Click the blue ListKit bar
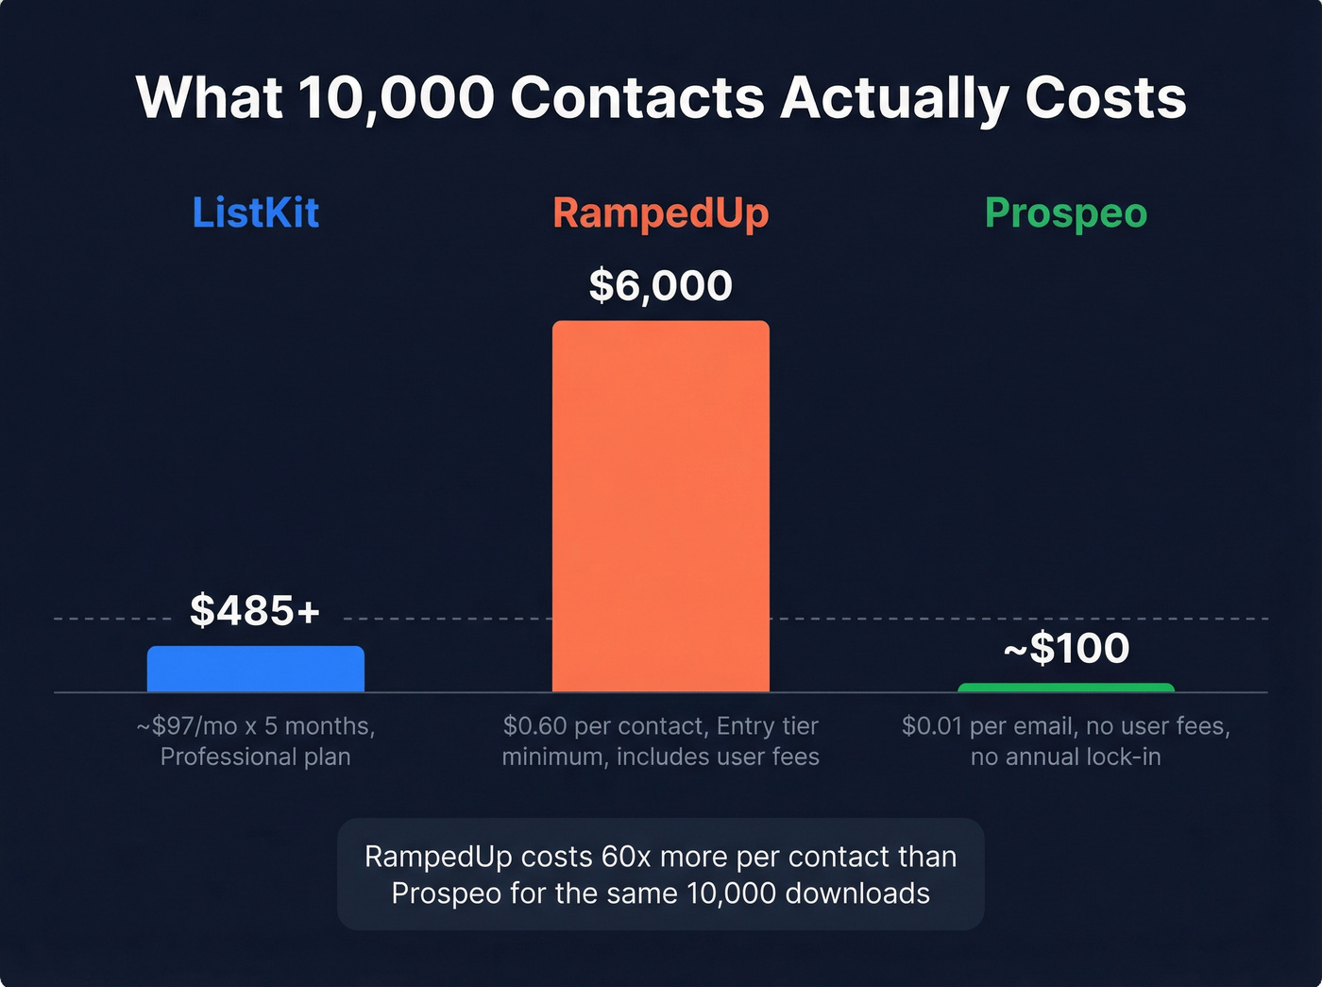255,669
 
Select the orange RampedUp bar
660,506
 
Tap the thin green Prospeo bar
1065,688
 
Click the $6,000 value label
660,285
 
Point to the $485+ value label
255,610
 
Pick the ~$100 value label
1065,648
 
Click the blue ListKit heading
255,213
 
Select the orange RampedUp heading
660,213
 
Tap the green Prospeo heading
1065,213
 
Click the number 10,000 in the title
397,97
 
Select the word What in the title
209,97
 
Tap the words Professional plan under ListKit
255,757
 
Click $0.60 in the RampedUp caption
534,726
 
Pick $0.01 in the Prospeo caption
933,726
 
